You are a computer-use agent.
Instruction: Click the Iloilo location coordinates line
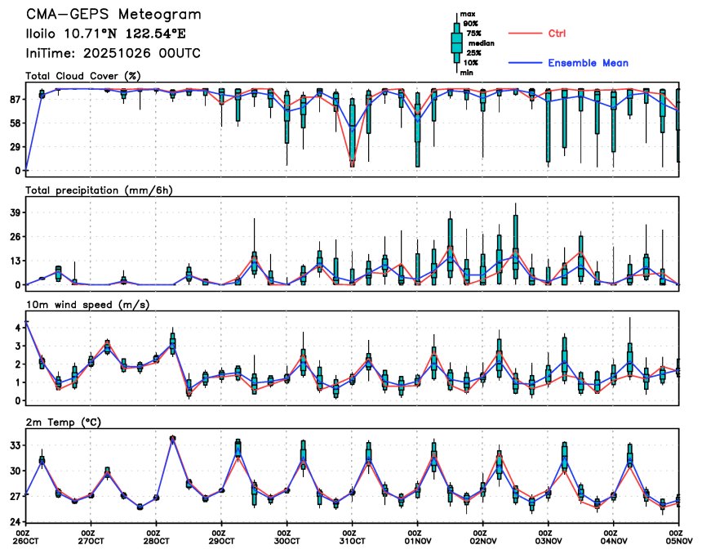(106, 34)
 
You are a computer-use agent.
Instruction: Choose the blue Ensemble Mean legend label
(588, 63)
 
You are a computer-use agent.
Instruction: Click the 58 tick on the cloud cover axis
(14, 123)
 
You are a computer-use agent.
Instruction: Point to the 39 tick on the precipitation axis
(14, 212)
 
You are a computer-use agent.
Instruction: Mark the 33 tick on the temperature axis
(14, 446)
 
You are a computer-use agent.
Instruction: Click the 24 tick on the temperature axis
(14, 521)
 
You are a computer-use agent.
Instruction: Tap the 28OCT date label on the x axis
(157, 540)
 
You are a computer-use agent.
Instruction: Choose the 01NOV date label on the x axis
(417, 540)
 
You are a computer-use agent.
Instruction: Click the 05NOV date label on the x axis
(679, 540)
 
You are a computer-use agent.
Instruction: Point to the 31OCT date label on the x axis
(352, 540)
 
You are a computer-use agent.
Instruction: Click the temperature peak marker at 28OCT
(172, 438)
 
